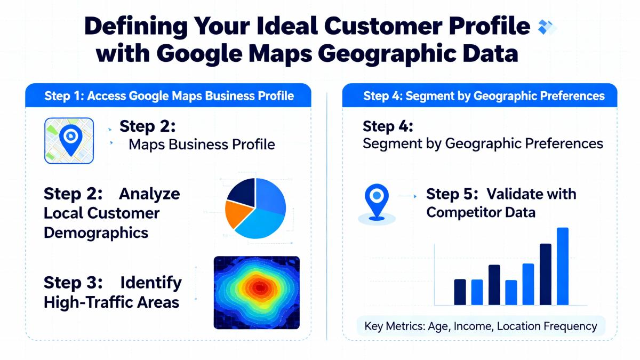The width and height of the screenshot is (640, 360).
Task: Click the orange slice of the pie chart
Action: click(x=237, y=213)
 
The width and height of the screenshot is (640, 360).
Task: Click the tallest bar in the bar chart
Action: click(x=563, y=266)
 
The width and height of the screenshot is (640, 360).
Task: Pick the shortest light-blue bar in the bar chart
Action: click(x=511, y=293)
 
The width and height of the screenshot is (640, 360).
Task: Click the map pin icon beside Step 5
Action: click(x=377, y=202)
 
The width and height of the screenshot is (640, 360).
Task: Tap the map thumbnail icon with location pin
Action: click(x=69, y=141)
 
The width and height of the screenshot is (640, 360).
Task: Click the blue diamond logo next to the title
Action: click(x=547, y=27)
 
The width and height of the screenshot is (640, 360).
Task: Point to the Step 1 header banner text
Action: click(x=169, y=96)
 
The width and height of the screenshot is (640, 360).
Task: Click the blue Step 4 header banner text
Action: click(x=484, y=96)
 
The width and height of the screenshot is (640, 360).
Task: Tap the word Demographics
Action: click(x=96, y=233)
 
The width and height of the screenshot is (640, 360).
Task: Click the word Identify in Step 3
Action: click(x=151, y=283)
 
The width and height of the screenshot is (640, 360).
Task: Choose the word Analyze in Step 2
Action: click(x=149, y=194)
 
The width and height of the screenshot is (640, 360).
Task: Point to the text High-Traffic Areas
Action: click(x=111, y=302)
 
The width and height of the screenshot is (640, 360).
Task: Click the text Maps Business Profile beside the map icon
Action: click(x=202, y=145)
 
